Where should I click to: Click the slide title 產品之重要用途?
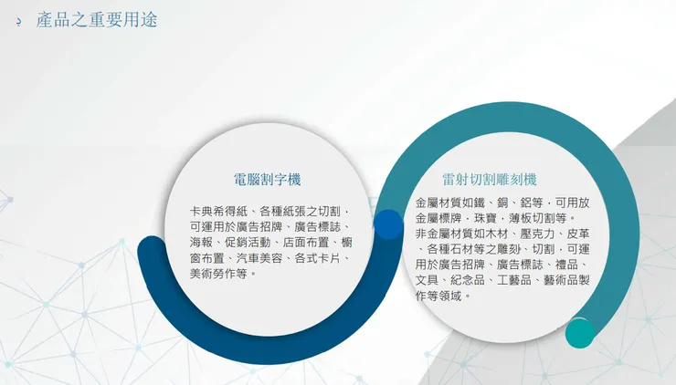[x=96, y=19]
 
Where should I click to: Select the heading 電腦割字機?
[x=267, y=180]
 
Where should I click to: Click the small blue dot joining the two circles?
[x=388, y=224]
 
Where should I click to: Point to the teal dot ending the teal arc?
[x=579, y=332]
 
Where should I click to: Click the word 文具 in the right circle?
[x=427, y=280]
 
